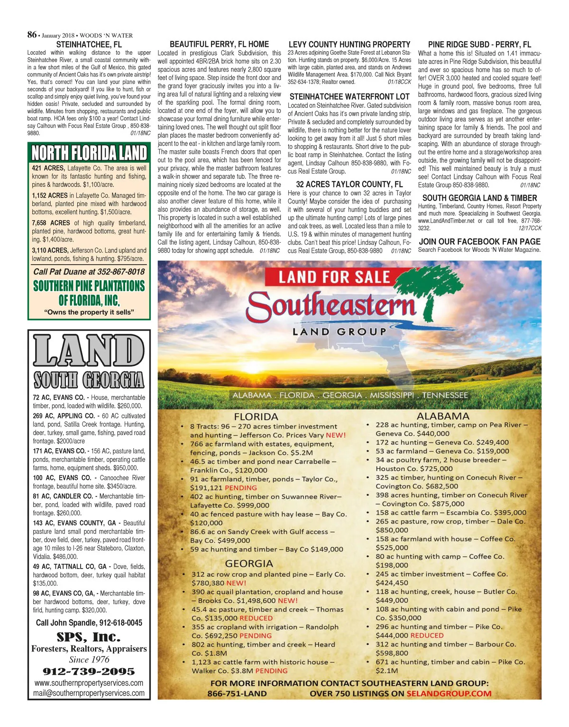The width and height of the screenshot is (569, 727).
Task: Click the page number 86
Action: click(x=32, y=35)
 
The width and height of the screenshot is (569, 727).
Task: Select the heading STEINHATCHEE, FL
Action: click(x=89, y=45)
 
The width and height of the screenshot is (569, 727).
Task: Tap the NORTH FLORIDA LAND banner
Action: click(x=89, y=153)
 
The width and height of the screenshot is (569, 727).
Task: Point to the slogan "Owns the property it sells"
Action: click(x=89, y=312)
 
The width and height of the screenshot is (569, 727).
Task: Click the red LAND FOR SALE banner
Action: click(x=334, y=277)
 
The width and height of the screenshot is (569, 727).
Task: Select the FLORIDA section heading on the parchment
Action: click(x=256, y=417)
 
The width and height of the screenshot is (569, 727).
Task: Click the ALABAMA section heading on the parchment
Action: click(x=443, y=416)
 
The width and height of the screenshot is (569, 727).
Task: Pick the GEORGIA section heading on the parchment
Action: click(x=249, y=563)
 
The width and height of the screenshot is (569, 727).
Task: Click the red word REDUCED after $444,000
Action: click(x=427, y=635)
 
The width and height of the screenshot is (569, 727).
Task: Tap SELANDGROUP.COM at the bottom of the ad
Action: click(x=449, y=693)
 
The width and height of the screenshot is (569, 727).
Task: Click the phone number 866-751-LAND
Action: click(x=237, y=693)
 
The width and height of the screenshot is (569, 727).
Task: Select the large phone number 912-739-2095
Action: click(x=89, y=672)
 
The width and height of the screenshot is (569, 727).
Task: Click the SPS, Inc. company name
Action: click(x=89, y=636)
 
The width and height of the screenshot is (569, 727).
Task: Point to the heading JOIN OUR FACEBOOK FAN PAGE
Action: click(x=479, y=241)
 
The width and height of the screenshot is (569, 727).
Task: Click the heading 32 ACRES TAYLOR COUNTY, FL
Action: click(x=349, y=184)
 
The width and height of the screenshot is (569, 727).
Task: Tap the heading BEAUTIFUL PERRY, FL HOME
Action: click(x=219, y=44)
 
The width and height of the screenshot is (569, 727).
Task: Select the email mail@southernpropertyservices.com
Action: click(x=89, y=693)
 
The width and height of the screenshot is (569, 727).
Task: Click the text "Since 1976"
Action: click(x=89, y=660)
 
